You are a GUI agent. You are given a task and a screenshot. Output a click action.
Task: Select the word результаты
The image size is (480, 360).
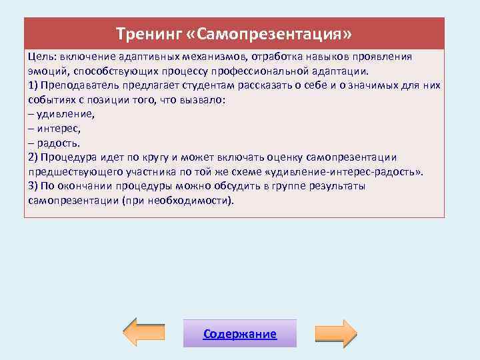(335, 186)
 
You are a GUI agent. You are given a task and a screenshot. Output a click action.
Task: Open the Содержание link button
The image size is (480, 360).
(240, 334)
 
